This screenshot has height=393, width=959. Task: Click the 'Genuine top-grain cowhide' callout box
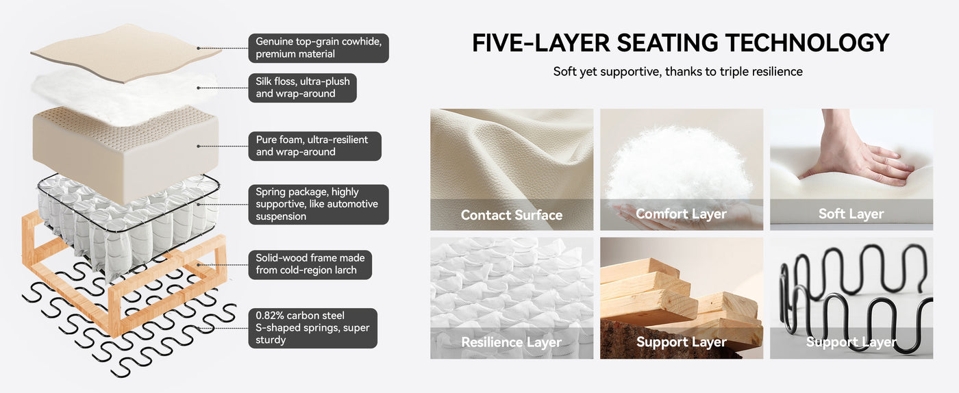(x=319, y=48)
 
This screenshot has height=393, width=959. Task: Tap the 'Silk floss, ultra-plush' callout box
(x=302, y=88)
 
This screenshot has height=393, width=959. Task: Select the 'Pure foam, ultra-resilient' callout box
(x=314, y=146)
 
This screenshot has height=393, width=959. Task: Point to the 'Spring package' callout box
(x=319, y=204)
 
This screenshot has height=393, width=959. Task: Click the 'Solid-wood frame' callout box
(x=310, y=264)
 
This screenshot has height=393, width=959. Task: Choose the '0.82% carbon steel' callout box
(x=313, y=328)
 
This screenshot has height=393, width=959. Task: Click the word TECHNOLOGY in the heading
(x=807, y=43)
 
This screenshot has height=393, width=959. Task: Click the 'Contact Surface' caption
(x=512, y=215)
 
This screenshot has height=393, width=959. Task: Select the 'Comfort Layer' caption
(x=681, y=214)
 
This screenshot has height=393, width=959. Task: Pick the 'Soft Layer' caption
(x=851, y=214)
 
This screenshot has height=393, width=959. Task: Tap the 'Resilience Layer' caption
(x=511, y=342)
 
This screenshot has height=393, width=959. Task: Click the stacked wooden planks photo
(x=682, y=299)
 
